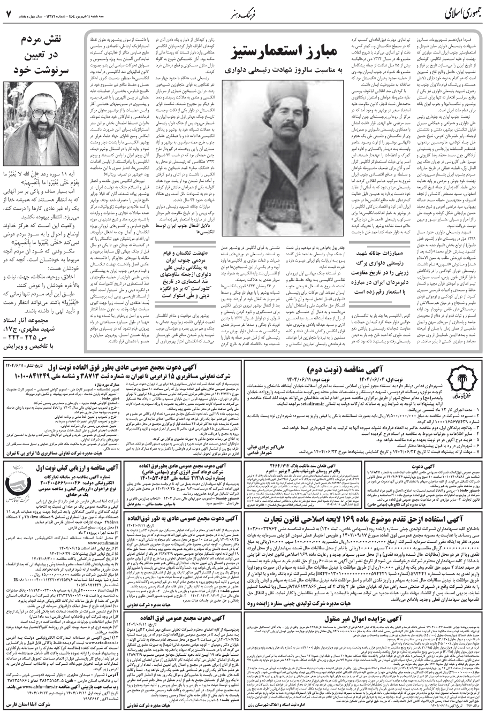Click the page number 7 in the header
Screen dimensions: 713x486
tap(9, 11)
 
